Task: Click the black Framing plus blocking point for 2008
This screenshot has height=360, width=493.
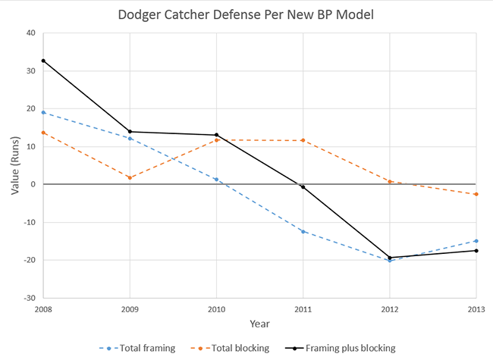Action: pyautogui.click(x=43, y=61)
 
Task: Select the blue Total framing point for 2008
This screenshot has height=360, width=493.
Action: pyautogui.click(x=43, y=112)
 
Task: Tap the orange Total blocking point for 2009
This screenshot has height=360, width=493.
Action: pyautogui.click(x=130, y=177)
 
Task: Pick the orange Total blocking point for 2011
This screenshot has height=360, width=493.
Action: pyautogui.click(x=303, y=140)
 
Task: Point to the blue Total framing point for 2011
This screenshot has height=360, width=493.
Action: pyautogui.click(x=303, y=231)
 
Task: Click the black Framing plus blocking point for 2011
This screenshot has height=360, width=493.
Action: pyautogui.click(x=303, y=186)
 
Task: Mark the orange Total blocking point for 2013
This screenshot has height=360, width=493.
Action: pyautogui.click(x=476, y=194)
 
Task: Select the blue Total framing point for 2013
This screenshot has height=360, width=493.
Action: pyautogui.click(x=476, y=241)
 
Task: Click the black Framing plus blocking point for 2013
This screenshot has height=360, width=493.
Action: pyautogui.click(x=476, y=250)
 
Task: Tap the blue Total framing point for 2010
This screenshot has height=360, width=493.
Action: pyautogui.click(x=217, y=180)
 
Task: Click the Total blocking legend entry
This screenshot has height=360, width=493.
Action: pyautogui.click(x=238, y=348)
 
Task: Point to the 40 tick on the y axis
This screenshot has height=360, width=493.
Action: pyautogui.click(x=31, y=33)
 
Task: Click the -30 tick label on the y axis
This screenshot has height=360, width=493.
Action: pyautogui.click(x=29, y=298)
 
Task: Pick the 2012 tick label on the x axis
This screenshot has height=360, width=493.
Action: pyautogui.click(x=390, y=308)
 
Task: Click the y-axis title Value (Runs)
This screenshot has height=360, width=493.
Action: pyautogui.click(x=15, y=164)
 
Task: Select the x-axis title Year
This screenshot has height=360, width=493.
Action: pyautogui.click(x=259, y=323)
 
